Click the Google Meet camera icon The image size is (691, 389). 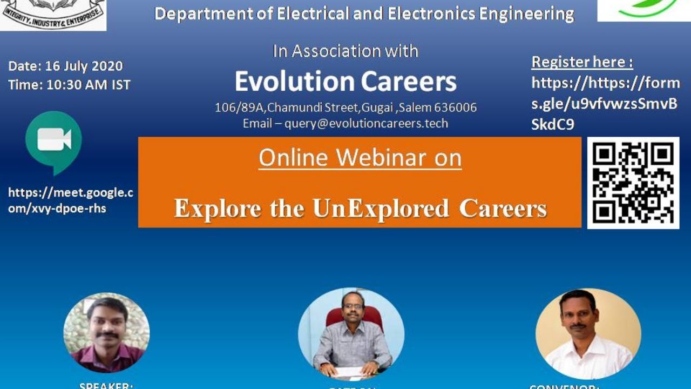click(53, 142)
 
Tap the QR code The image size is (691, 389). click(633, 183)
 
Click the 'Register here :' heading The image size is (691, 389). click(582, 62)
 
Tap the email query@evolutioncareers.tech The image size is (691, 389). click(366, 123)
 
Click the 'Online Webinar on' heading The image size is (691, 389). click(360, 158)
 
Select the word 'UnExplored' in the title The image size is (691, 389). click(381, 209)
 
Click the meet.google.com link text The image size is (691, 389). click(70, 200)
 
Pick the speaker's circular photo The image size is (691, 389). click(106, 333)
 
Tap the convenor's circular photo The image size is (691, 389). click(588, 333)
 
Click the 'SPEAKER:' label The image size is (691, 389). click(106, 385)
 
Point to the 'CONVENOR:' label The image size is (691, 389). click(565, 386)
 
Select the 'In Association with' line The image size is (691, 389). click(345, 51)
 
